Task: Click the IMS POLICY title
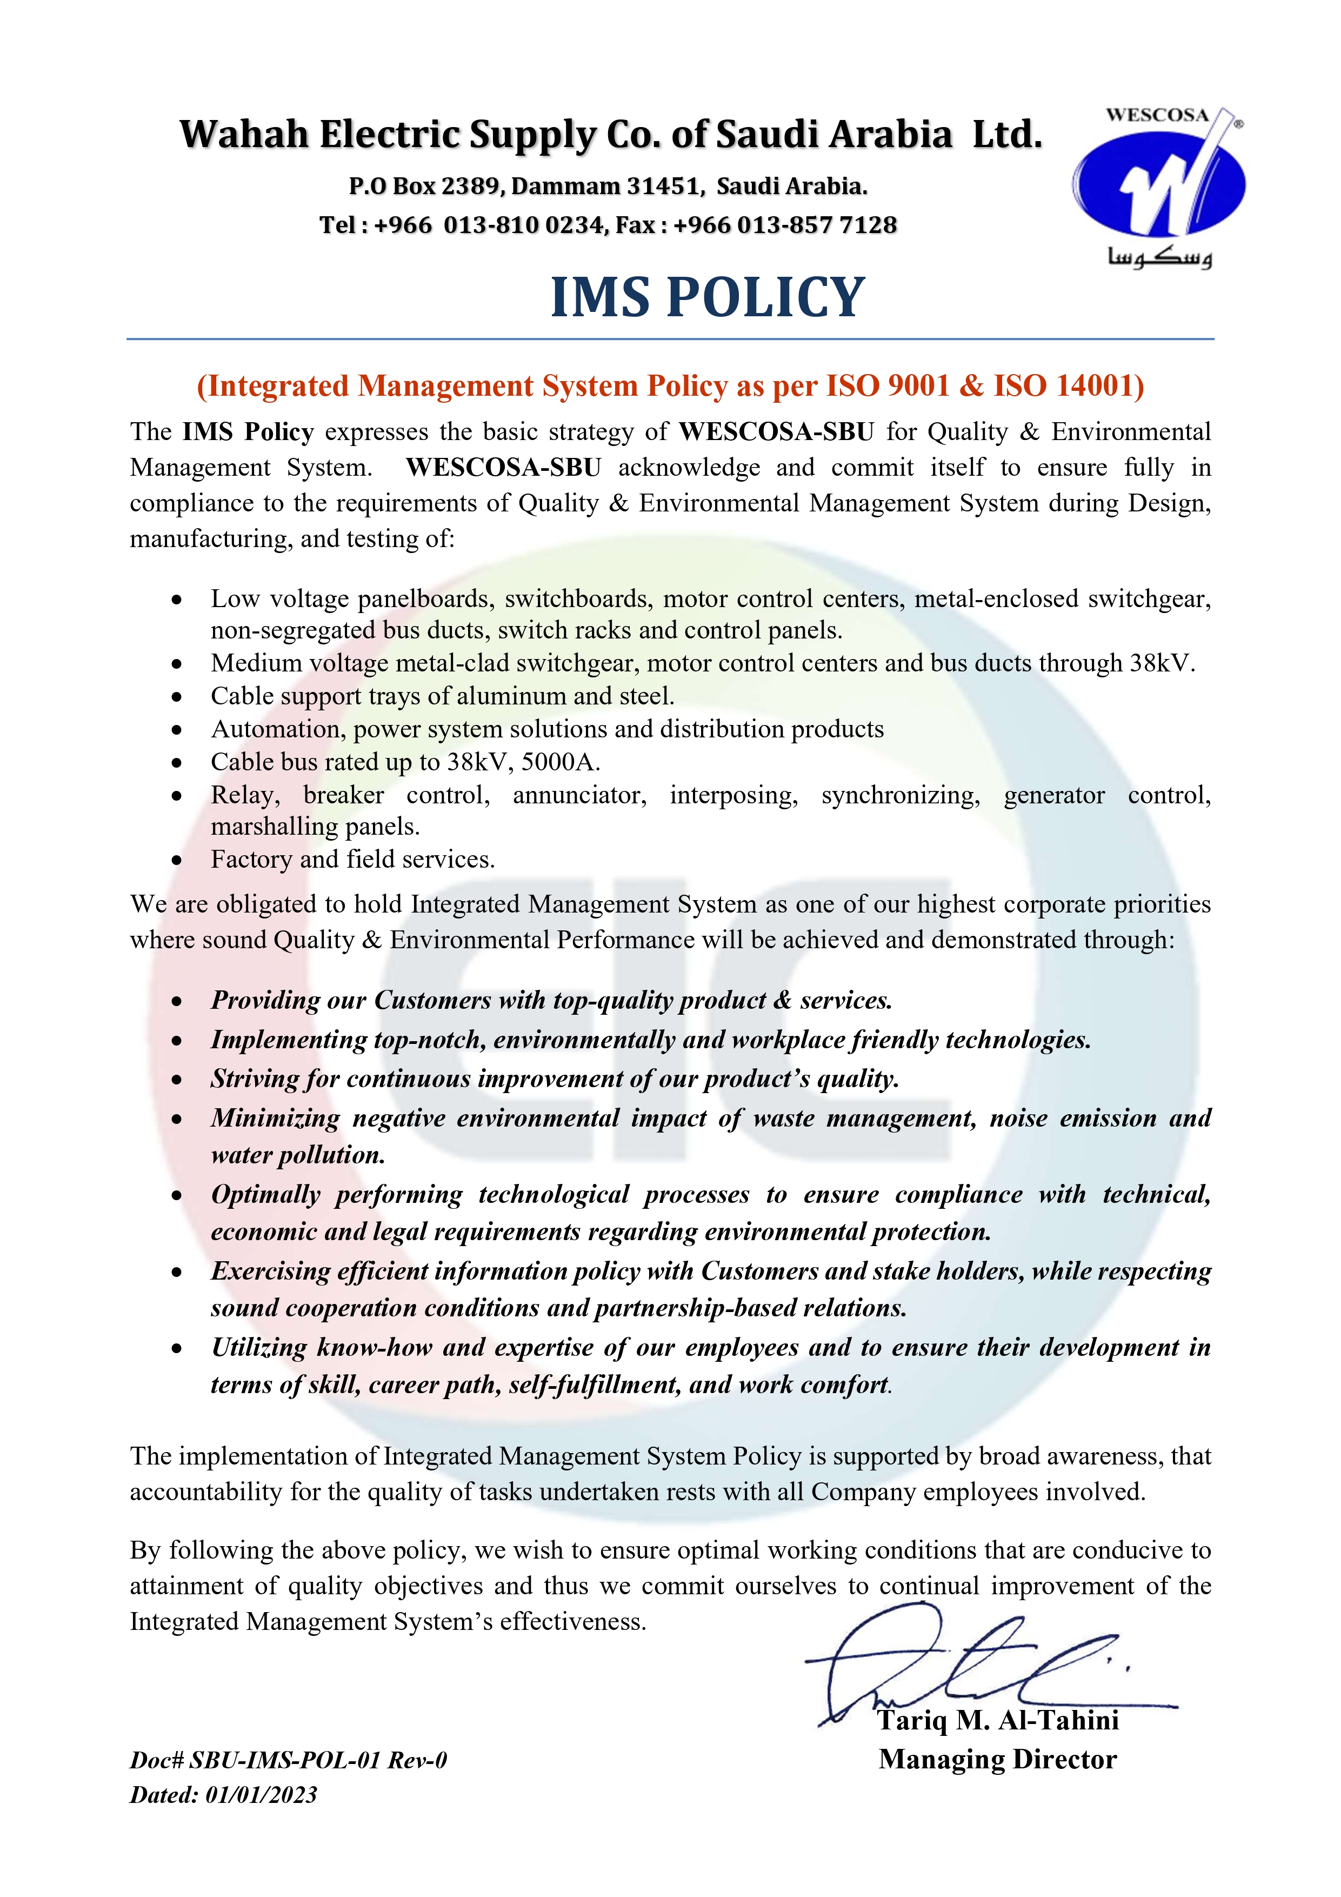708,297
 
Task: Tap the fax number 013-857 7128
816,225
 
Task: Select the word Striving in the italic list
253,1079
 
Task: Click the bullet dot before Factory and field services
177,860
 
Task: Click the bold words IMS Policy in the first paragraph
248,432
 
